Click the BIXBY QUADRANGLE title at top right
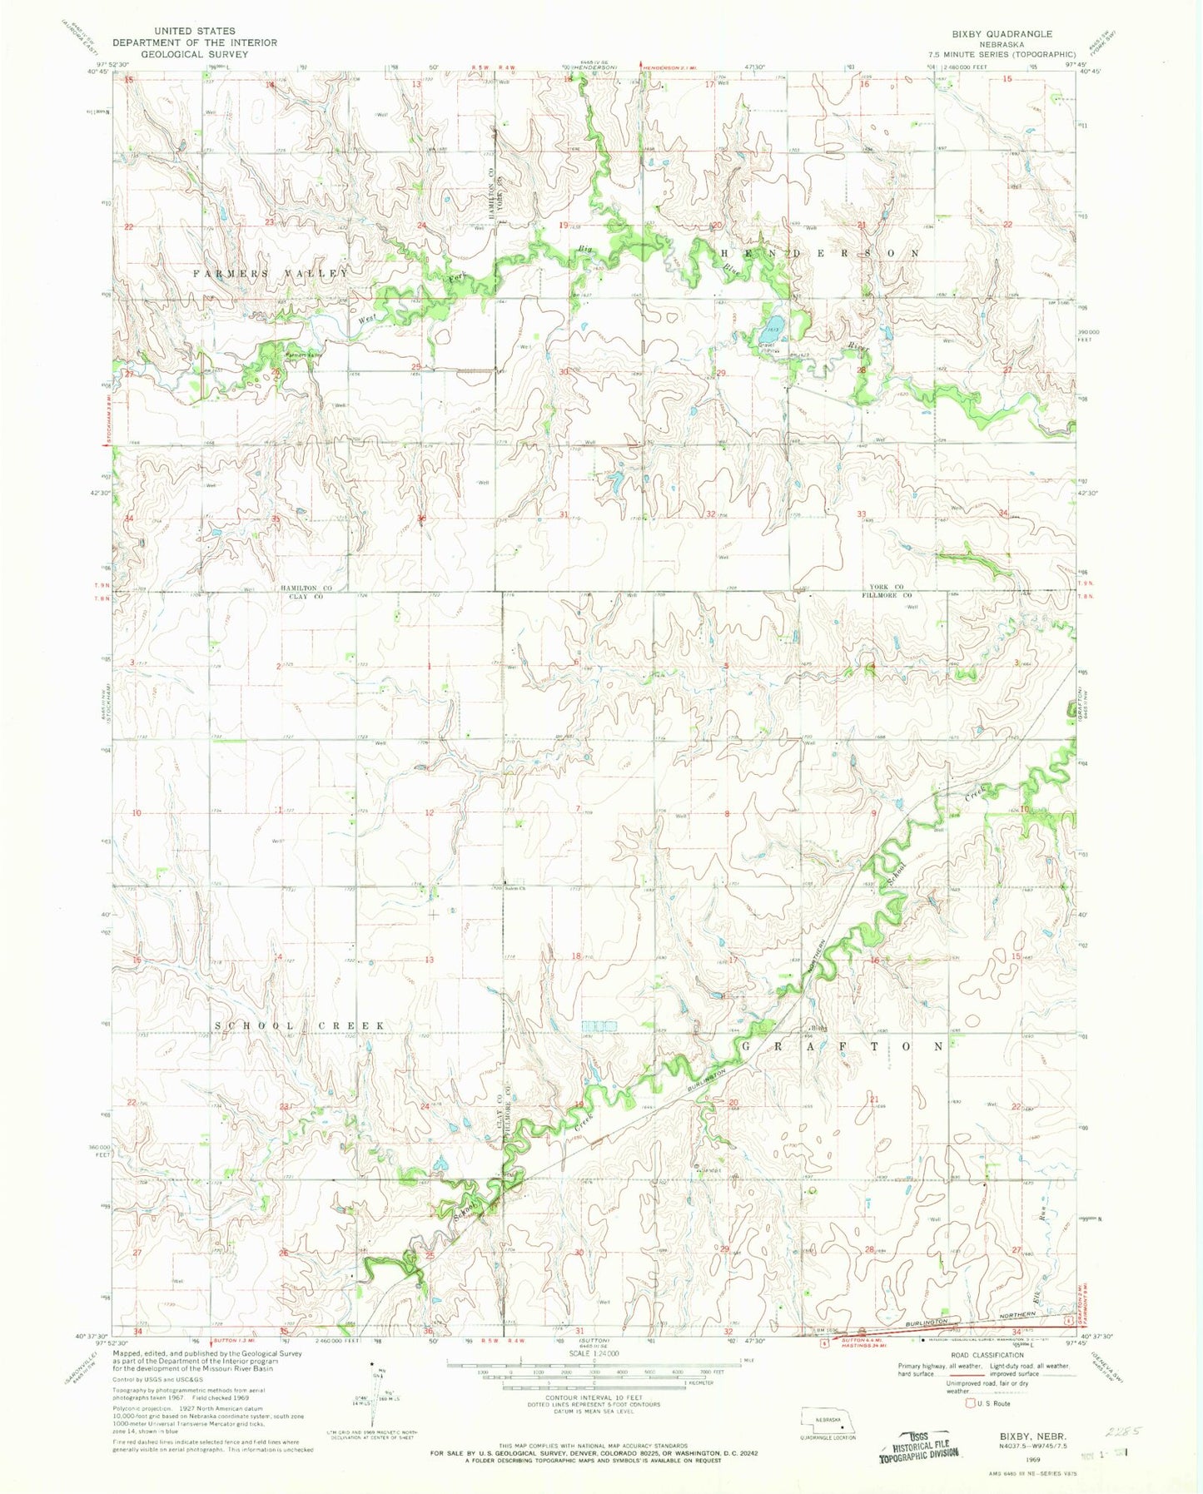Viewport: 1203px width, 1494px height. [990, 34]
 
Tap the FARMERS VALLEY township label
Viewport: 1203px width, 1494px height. [271, 274]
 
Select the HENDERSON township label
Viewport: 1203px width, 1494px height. [820, 252]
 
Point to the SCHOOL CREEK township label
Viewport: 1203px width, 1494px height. [300, 1026]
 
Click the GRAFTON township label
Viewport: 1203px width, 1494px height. [843, 1045]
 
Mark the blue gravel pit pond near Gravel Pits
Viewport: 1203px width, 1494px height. [774, 323]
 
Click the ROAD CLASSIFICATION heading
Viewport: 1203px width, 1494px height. [982, 1355]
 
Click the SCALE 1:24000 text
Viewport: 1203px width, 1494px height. [593, 1354]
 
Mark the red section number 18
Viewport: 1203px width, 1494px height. [576, 956]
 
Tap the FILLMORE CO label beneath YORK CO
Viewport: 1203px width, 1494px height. [886, 596]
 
